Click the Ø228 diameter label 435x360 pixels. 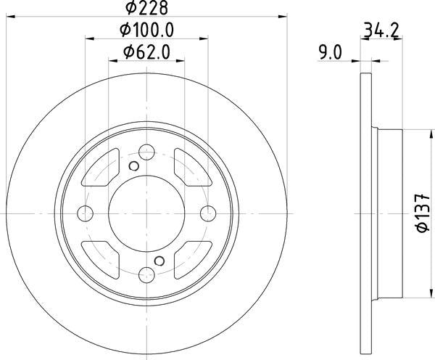click(146, 7)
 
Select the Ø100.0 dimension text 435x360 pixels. click(146, 30)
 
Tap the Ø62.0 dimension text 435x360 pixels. click(146, 52)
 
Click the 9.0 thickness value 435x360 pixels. click(331, 52)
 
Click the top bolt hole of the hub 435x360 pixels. click(146, 152)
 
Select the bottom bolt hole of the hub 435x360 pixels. click(146, 275)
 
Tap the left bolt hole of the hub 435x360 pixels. click(85, 213)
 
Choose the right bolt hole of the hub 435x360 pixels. click(208, 213)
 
